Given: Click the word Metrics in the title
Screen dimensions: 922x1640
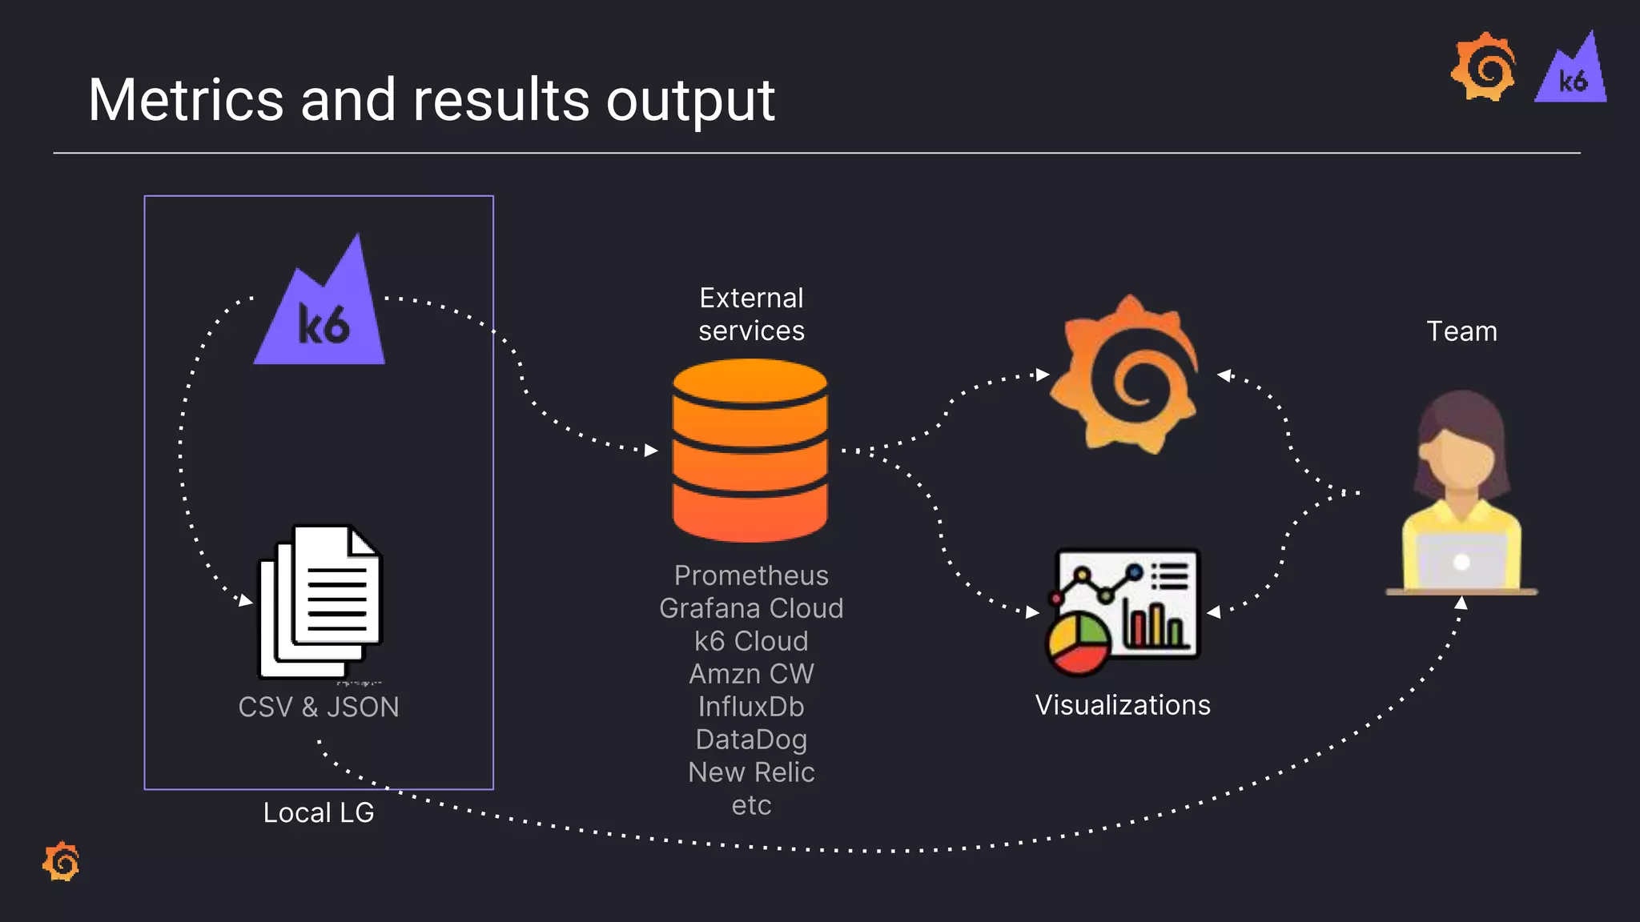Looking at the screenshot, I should tap(186, 101).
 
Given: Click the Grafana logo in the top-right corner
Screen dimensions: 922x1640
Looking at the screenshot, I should tap(1484, 68).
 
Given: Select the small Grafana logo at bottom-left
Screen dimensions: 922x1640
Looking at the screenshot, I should tap(62, 862).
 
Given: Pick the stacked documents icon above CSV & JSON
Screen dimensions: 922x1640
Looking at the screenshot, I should tap(320, 600).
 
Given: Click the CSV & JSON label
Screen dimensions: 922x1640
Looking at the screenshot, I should tap(318, 708).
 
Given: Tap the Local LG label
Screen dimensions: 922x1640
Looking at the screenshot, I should tap(318, 813).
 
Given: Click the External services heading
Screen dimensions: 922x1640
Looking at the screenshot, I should tap(750, 315).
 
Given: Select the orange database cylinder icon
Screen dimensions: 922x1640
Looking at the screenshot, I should tap(750, 451).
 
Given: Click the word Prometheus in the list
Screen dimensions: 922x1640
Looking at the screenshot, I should tap(750, 575).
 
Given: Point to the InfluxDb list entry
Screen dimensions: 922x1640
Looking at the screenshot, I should tap(750, 707).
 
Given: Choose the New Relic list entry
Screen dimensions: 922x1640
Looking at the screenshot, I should tap(750, 772).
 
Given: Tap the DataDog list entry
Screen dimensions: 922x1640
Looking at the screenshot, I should tap(750, 740).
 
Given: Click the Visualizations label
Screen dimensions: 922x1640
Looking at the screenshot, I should tap(1123, 705).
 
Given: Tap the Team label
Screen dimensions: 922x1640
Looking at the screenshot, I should tap(1461, 331).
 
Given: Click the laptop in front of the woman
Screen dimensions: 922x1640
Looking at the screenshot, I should tap(1461, 562).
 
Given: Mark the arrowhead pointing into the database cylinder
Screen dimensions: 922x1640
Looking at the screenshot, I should tap(651, 451).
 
